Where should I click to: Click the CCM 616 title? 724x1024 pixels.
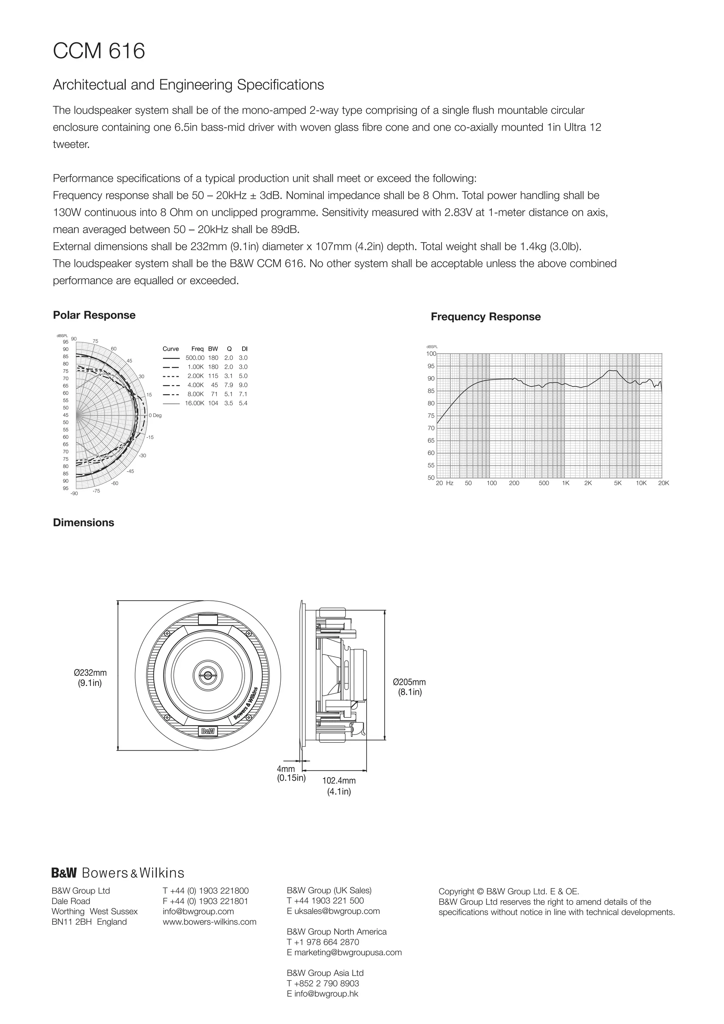point(99,51)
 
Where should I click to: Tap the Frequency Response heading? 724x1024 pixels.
point(485,317)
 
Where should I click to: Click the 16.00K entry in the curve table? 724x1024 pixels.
point(195,403)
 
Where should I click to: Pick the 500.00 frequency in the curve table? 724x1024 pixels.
point(195,358)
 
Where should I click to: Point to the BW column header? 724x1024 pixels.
point(213,349)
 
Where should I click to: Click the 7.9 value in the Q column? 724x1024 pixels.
point(229,385)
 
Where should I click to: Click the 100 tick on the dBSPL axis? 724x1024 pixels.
point(431,354)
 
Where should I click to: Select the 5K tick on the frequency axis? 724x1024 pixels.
point(618,483)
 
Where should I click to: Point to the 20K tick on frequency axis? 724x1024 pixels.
point(663,483)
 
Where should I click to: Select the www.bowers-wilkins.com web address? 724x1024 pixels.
point(210,922)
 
